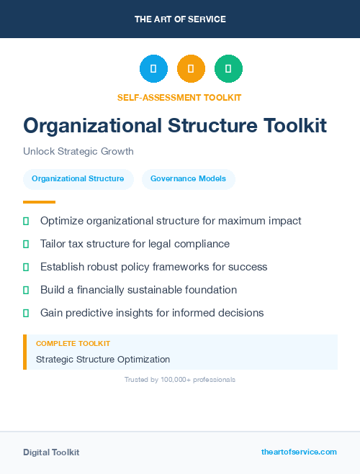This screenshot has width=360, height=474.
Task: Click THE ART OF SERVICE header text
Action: coord(180,19)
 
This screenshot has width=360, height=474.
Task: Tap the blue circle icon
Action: coord(153,69)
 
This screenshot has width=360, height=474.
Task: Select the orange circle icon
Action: coord(191,69)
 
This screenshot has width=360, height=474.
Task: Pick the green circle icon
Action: coord(228,69)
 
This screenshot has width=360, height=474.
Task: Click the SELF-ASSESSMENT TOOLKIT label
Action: coord(179,97)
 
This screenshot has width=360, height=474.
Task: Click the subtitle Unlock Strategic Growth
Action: coord(78,152)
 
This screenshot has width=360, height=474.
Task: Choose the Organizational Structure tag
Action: coord(78,178)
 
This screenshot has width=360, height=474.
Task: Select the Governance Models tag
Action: coord(188,178)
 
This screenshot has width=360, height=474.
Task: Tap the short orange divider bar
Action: coord(39,202)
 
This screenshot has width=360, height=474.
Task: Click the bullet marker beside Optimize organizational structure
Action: coord(26,221)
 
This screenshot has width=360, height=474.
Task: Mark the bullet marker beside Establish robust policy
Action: coord(26,267)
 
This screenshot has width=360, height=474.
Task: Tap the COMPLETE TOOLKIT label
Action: coord(73,344)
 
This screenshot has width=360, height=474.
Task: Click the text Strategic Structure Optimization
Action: coord(103,359)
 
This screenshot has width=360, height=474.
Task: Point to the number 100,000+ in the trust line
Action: coord(174,379)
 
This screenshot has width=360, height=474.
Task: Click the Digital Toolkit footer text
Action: coord(51,452)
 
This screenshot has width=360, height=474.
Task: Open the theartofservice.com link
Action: coord(299,452)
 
